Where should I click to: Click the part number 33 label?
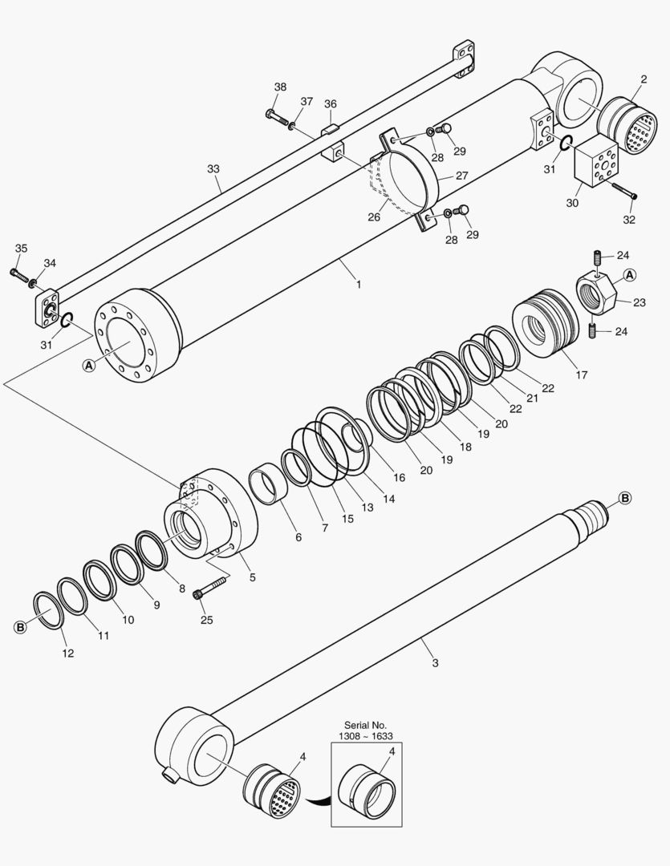click(213, 169)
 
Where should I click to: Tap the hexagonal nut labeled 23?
click(597, 293)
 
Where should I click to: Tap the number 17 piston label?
click(582, 374)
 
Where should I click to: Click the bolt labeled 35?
click(19, 273)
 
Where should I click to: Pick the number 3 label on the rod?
click(435, 662)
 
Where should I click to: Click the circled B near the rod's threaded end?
click(624, 498)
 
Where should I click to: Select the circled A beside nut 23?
click(630, 275)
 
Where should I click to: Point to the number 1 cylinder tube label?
click(358, 284)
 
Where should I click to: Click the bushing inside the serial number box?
click(367, 788)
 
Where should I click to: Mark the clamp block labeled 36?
click(331, 132)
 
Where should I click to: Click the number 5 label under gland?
click(252, 577)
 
